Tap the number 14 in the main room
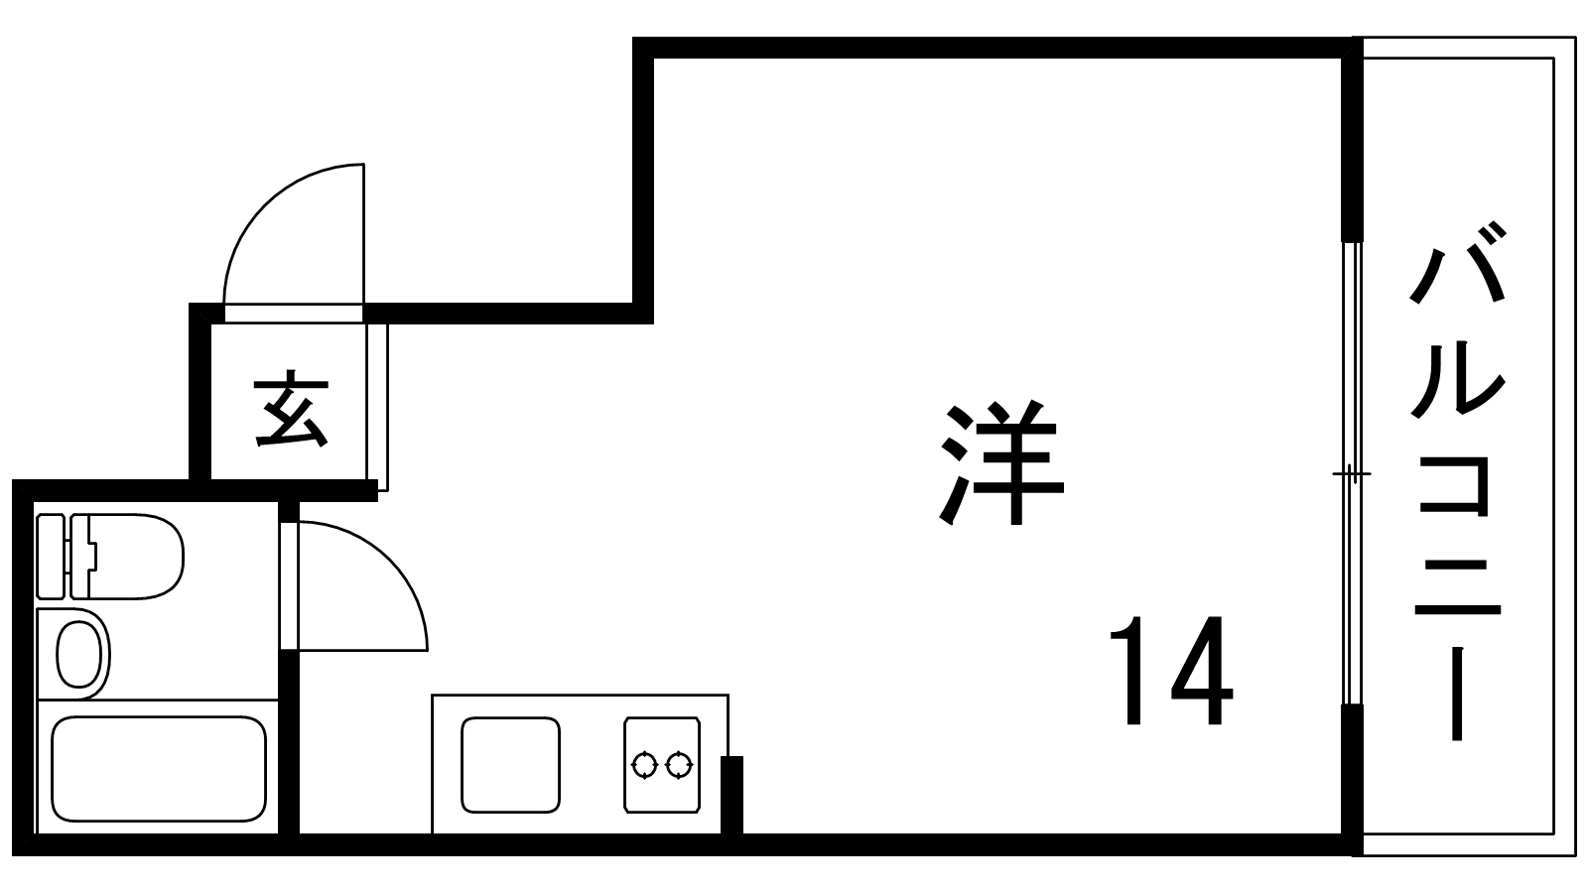pos(1170,672)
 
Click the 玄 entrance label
pos(290,410)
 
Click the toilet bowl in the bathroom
pos(134,556)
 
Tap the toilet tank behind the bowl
pos(51,556)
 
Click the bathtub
pos(159,768)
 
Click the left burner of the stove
pos(645,765)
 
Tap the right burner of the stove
pos(679,765)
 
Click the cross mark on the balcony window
pos(1350,474)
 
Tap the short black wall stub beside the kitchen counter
pos(731,794)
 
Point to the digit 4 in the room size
pos(1202,672)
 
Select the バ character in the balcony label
pos(1457,266)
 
